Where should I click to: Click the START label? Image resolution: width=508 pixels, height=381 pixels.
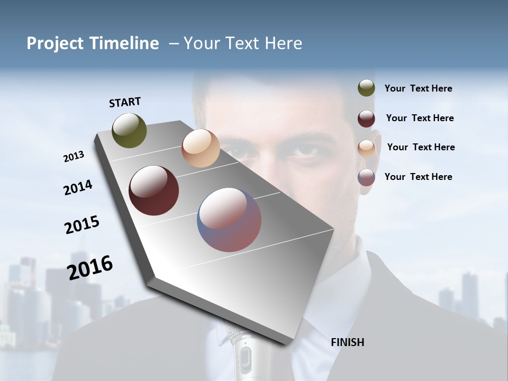point(125,102)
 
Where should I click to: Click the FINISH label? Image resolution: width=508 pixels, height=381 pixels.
point(347,342)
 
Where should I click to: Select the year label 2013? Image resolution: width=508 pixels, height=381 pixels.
point(74,157)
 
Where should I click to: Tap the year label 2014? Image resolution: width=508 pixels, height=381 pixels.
point(78,188)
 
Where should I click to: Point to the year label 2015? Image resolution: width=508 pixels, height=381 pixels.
point(82,225)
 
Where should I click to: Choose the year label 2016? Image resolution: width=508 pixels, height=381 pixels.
point(90,268)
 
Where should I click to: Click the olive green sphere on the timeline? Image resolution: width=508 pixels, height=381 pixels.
point(130,130)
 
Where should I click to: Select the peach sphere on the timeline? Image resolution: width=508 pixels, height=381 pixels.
point(201,148)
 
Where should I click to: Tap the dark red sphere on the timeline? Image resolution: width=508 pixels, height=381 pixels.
point(154,190)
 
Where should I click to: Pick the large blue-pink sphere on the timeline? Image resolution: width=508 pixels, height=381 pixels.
point(229,220)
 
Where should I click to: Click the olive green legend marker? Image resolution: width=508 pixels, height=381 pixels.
point(366,88)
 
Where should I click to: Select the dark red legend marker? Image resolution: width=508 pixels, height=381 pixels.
point(366,119)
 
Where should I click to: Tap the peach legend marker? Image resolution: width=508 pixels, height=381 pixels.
point(366,148)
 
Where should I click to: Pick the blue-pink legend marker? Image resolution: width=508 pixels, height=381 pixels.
point(366,177)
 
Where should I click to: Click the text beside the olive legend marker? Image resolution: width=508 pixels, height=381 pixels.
point(418,88)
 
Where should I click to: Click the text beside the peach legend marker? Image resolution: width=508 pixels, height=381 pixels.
point(421,147)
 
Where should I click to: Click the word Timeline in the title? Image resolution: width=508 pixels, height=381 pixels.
point(122,43)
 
